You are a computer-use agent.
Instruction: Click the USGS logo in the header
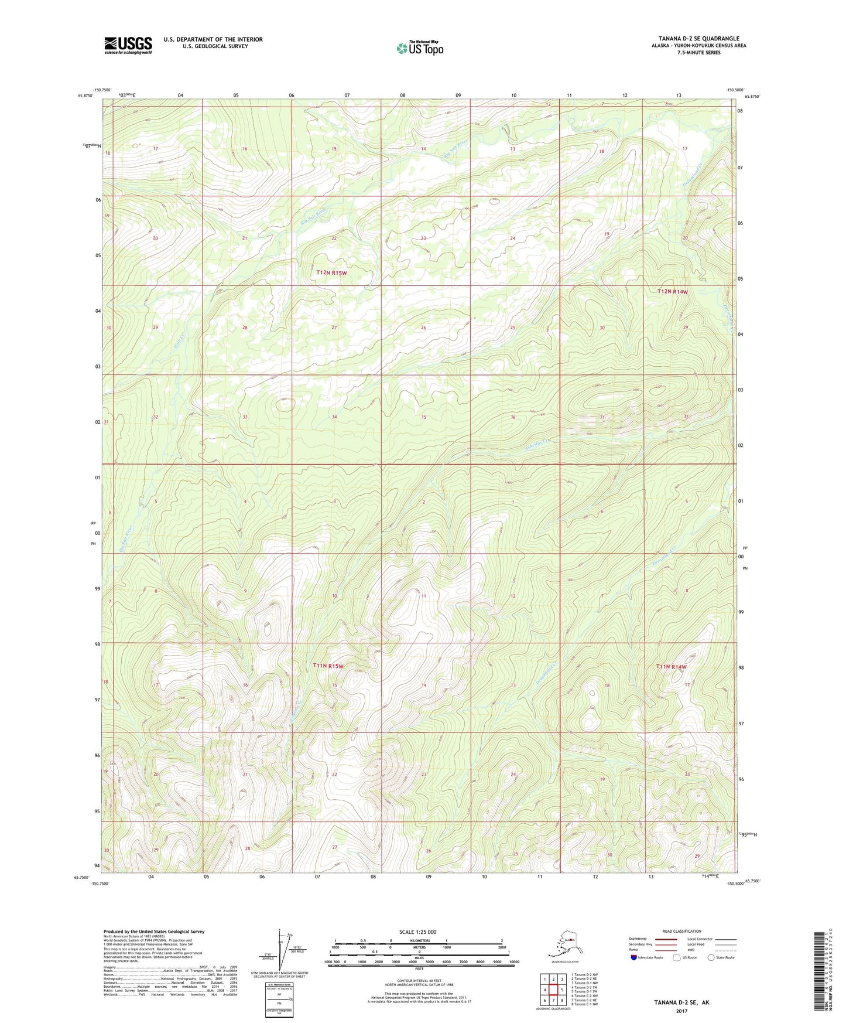tap(128, 45)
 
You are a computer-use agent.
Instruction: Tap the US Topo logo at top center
tap(419, 47)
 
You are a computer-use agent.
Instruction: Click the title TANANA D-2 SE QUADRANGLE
tap(698, 38)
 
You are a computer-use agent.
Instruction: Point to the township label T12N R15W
tap(331, 272)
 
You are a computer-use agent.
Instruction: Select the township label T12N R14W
tap(672, 291)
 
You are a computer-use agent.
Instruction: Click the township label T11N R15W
tap(328, 666)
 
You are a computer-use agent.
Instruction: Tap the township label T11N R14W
tap(671, 667)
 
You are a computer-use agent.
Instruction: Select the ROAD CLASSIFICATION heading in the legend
tap(681, 931)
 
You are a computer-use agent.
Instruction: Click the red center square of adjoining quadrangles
tap(553, 990)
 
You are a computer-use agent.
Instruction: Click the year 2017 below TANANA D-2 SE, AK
tap(681, 1011)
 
